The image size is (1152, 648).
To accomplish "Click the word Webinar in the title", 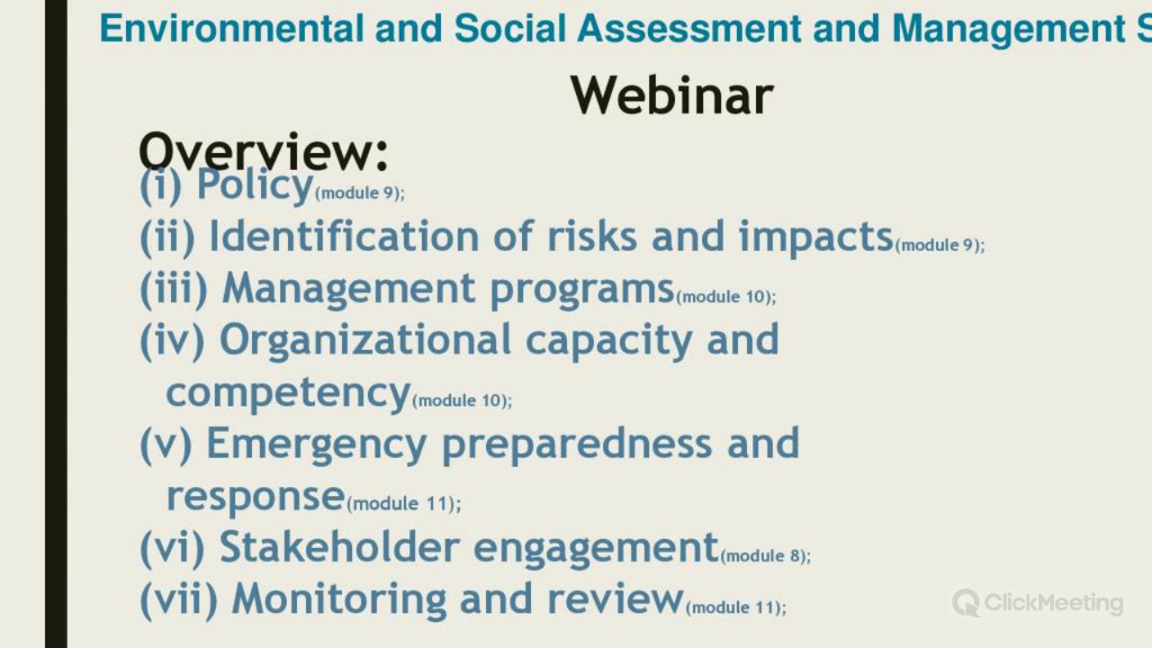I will point(671,94).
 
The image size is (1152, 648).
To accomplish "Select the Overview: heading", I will point(263,150).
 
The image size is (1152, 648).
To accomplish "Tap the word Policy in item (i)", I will point(255,185).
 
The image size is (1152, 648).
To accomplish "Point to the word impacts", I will point(815,237).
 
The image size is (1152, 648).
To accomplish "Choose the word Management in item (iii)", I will point(348,289).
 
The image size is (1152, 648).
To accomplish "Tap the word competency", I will point(288,392).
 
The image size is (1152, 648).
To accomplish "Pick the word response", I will point(256,496).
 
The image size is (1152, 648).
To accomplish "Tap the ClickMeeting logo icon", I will point(966,602).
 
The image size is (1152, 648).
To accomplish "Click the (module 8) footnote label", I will point(766,556).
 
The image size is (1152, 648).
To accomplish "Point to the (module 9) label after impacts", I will point(940,245).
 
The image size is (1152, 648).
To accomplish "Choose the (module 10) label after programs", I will point(725,297).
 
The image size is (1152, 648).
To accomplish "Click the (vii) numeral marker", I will point(178,599).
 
